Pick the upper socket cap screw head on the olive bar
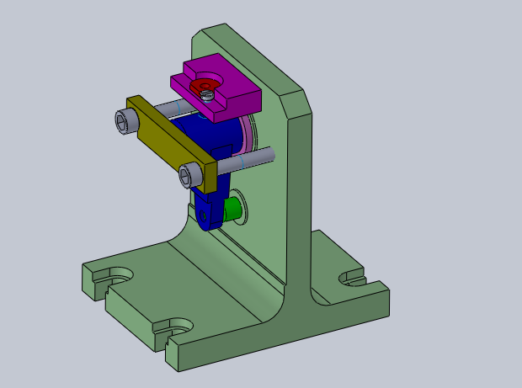tap(125, 122)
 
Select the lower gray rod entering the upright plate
tap(253, 157)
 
